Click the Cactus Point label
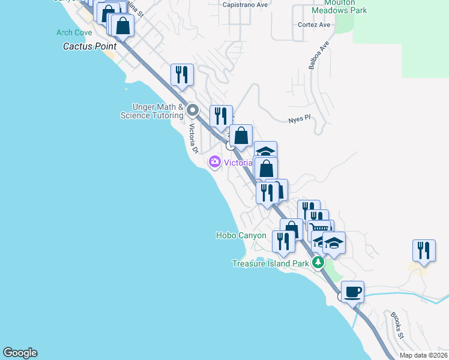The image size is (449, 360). pos(90,46)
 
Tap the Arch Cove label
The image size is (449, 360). pos(74,32)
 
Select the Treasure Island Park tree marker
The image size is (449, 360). pos(318,263)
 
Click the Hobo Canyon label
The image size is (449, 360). pos(241,236)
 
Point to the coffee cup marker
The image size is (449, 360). pos(353,292)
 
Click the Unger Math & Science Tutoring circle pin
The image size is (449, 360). pos(193,110)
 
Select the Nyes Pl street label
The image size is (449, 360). pos(298,118)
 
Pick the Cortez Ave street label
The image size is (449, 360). pos(315,25)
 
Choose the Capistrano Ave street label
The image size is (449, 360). pos(245,4)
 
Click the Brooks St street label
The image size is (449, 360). pos(397,324)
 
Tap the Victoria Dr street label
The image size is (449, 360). pos(193,138)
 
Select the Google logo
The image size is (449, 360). pos(20,353)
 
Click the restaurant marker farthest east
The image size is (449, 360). pos(424,251)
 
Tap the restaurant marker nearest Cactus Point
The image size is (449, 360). pos(182,75)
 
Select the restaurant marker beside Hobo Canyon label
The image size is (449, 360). pos(283,241)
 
